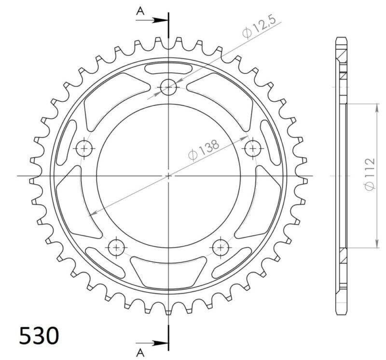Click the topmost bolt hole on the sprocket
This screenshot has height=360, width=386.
[168, 87]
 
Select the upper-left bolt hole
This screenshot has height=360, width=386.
[84, 148]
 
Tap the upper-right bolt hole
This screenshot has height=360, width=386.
[252, 148]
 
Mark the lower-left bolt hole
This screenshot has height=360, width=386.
[116, 248]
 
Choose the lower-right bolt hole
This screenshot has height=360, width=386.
[221, 248]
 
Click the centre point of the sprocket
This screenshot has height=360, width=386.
[168, 176]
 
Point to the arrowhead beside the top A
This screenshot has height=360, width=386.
[161, 20]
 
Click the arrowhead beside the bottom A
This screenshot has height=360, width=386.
[161, 343]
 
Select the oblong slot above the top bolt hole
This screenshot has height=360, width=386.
[168, 68]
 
